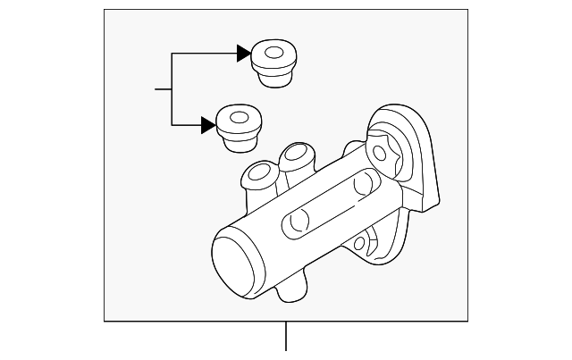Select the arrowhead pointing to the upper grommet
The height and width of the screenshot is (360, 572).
[243, 54]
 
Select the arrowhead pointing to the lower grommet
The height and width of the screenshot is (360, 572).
[208, 125]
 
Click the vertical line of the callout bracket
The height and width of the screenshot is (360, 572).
[172, 89]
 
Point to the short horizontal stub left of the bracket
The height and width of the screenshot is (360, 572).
[163, 89]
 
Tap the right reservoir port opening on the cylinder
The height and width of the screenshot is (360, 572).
[295, 153]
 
